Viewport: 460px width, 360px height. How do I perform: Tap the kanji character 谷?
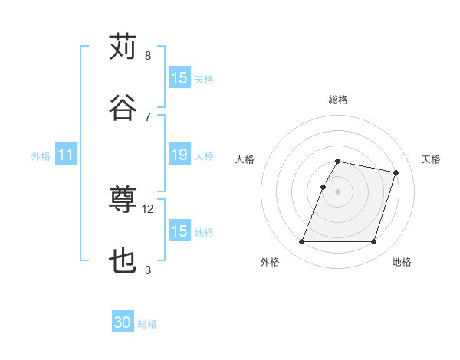(123, 107)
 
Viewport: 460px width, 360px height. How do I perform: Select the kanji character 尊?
(123, 201)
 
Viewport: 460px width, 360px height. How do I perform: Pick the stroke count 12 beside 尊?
(149, 209)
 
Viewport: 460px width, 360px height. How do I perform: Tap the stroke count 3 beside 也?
(148, 270)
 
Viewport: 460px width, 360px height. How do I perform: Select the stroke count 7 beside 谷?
(148, 116)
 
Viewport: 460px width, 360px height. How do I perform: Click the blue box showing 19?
(179, 155)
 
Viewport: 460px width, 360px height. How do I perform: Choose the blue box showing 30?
(123, 323)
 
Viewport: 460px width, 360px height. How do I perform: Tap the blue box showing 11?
(66, 155)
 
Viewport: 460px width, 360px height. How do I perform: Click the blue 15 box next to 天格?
(179, 78)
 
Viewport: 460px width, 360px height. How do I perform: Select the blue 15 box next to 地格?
(179, 231)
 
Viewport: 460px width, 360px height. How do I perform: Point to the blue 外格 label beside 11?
(41, 156)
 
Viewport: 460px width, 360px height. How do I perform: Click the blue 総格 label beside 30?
(147, 324)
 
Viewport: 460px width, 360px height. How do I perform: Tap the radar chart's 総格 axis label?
(337, 100)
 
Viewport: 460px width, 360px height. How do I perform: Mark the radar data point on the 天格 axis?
(396, 173)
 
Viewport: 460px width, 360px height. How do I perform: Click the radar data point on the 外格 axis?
(302, 242)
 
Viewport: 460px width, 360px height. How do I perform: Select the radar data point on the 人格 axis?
(324, 187)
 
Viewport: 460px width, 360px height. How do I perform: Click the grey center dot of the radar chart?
(337, 191)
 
